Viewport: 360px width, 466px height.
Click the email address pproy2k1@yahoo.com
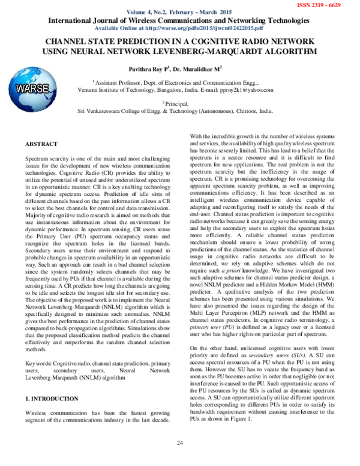click(240, 89)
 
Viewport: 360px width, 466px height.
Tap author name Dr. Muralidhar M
click(198, 68)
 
